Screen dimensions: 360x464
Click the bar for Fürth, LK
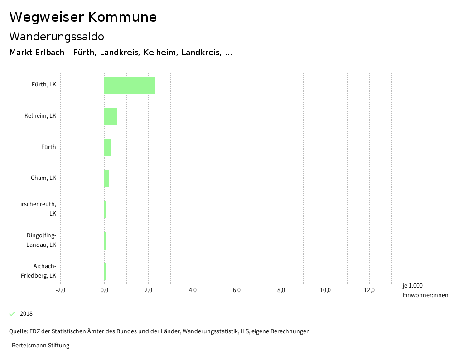tap(130, 85)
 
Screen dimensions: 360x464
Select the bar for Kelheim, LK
tap(111, 116)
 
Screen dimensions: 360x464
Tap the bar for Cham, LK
tap(106, 178)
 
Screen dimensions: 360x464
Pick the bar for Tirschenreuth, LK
tap(106, 209)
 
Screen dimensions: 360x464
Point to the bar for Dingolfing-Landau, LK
tap(106, 240)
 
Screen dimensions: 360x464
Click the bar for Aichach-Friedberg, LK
tap(106, 271)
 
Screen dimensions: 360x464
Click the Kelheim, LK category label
tap(40, 116)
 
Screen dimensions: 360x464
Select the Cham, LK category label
tap(43, 178)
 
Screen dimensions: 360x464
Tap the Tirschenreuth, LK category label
tap(37, 209)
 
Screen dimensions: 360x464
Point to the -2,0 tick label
tap(60, 290)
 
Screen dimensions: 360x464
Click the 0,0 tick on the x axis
tap(104, 290)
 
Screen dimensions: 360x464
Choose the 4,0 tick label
tap(193, 290)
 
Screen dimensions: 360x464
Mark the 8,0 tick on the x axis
tap(281, 290)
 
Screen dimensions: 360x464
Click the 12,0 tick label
tap(369, 290)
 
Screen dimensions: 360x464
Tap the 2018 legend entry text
tap(26, 314)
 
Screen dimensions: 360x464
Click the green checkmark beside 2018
tap(12, 314)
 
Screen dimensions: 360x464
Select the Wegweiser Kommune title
tap(83, 17)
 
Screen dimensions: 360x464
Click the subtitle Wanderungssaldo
tap(57, 36)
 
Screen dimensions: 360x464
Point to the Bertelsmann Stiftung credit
tap(40, 346)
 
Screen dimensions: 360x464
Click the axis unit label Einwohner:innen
tap(425, 295)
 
